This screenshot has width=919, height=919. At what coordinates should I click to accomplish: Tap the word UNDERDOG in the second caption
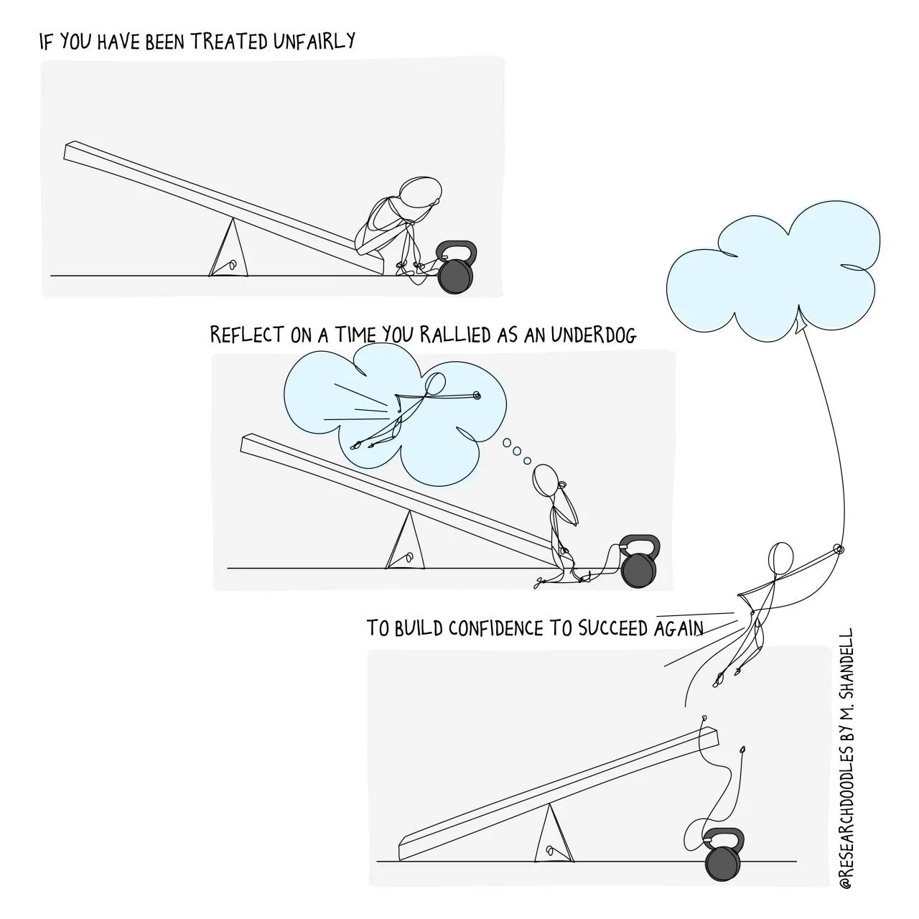pyautogui.click(x=594, y=335)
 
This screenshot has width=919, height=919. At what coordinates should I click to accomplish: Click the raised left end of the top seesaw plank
pyautogui.click(x=72, y=151)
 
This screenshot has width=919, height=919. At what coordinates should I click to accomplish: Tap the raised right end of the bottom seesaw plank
pyautogui.click(x=711, y=736)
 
